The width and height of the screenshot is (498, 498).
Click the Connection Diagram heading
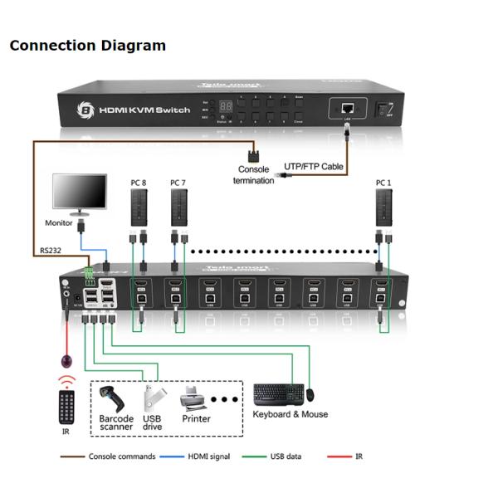click(87, 46)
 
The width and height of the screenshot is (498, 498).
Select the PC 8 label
click(139, 183)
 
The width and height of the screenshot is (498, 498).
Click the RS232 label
click(50, 248)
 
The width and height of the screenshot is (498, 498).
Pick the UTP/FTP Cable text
click(313, 166)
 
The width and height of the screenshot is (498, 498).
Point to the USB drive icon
click(150, 398)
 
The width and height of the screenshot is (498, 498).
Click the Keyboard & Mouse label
click(289, 414)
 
